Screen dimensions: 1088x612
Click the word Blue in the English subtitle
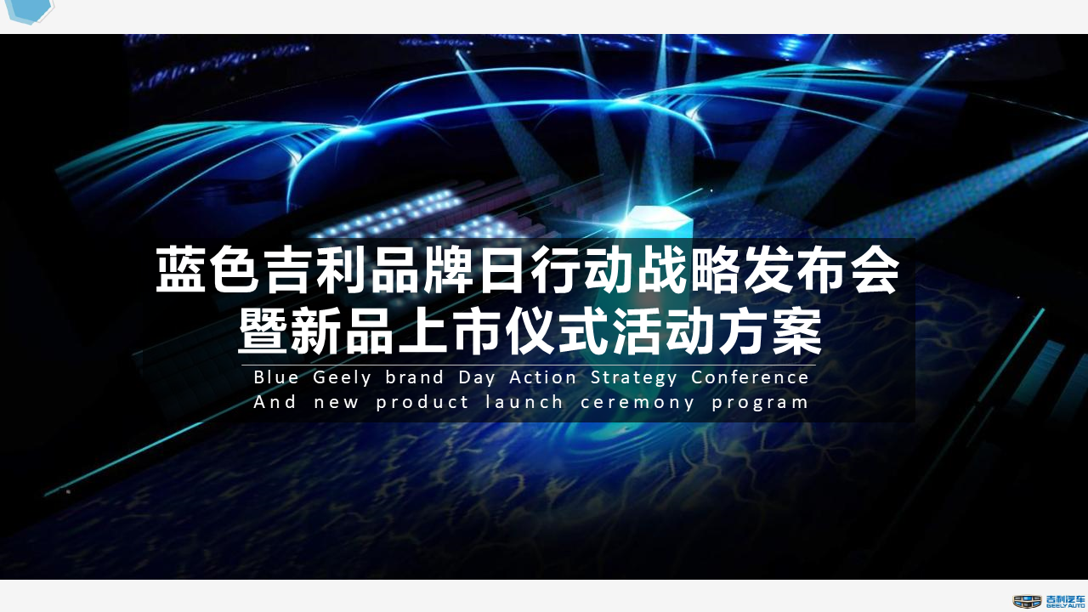276,377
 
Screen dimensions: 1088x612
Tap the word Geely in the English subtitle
342,378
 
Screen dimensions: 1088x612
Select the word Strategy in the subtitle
633,378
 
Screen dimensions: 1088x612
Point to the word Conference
750,377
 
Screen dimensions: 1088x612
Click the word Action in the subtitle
542,377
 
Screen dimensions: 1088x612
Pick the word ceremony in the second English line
637,403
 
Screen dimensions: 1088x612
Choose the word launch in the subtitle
524,402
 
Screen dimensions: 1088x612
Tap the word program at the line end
760,403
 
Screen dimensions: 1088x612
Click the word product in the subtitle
422,403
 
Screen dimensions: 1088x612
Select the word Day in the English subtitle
477,378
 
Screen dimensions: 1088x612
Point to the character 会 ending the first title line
875,270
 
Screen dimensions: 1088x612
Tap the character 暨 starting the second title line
263,331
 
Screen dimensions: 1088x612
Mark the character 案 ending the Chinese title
797,331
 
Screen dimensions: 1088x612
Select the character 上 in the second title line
422,331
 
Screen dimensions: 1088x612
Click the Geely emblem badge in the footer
1028,601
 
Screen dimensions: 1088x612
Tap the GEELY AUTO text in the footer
1065,606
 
